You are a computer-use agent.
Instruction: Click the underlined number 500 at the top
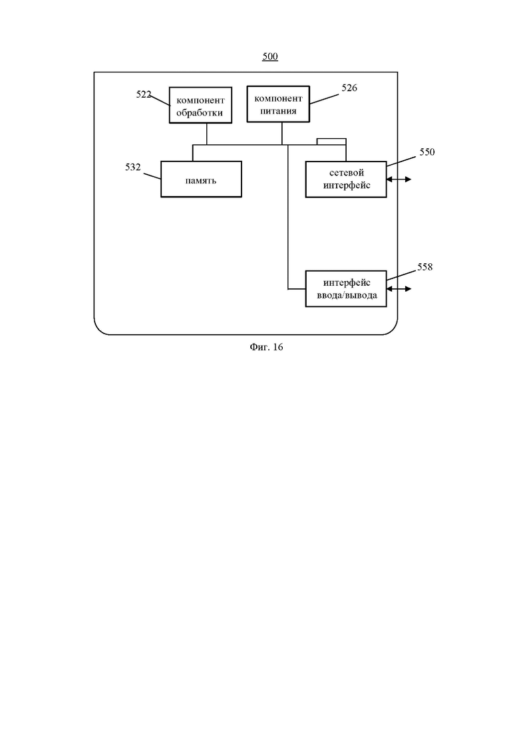click(270, 56)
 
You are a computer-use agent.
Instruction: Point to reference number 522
click(144, 94)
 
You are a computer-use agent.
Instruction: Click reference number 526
click(349, 88)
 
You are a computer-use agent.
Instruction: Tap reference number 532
click(133, 167)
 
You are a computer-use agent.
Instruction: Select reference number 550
click(427, 152)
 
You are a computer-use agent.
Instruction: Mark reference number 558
click(425, 267)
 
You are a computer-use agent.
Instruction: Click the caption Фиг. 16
click(266, 348)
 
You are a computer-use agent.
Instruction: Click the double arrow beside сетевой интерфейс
click(399, 179)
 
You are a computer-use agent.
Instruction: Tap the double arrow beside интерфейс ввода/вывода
click(399, 289)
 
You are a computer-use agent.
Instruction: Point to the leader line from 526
click(324, 99)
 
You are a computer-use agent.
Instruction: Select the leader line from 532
click(152, 177)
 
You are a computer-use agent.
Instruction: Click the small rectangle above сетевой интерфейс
click(332, 142)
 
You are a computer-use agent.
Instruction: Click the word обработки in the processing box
click(200, 113)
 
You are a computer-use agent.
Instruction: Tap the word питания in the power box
click(278, 111)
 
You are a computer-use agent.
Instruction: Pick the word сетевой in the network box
click(346, 173)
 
